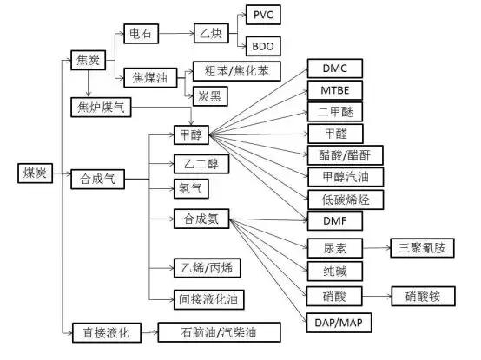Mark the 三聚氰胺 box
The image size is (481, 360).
[x=421, y=248]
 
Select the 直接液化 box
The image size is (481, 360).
[x=104, y=331]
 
